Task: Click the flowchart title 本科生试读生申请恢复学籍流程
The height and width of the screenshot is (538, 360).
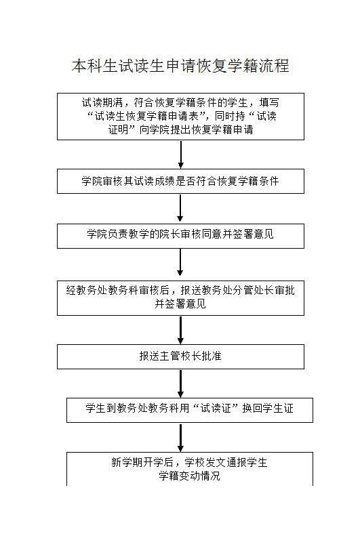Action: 180,66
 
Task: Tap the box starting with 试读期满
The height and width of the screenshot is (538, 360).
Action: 180,117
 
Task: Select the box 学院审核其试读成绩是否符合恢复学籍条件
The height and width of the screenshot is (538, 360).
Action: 180,181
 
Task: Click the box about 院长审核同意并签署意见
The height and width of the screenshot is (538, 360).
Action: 180,236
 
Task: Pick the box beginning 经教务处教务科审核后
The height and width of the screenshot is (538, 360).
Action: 180,298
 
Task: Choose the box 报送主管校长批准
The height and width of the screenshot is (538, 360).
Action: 180,357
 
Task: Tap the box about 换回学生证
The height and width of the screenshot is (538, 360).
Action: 190,410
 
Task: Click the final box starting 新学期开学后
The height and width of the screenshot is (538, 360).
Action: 190,469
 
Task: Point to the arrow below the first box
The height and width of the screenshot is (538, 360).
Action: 180,154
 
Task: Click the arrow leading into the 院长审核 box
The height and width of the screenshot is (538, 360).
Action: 180,209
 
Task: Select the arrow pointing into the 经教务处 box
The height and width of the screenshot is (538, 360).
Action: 180,262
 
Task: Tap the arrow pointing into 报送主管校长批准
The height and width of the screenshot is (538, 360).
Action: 180,330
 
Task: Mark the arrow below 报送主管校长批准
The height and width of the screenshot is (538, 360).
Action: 180,384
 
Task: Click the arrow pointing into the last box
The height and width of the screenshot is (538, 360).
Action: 180,438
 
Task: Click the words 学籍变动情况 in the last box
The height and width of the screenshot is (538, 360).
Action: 189,476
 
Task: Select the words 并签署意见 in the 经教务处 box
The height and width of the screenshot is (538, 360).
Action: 180,304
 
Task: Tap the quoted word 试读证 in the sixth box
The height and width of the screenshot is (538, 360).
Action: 216,408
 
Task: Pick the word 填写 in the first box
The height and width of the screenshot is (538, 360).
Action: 269,102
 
